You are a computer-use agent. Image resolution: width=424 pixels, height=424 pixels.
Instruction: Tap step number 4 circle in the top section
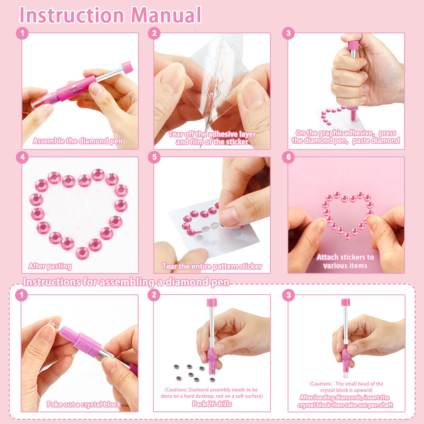(x=22, y=157)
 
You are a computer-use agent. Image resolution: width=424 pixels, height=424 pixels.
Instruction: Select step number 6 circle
(x=288, y=157)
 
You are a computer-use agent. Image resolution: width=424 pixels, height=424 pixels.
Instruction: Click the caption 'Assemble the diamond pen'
(x=78, y=141)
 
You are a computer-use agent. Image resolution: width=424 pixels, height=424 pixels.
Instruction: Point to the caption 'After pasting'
(x=50, y=266)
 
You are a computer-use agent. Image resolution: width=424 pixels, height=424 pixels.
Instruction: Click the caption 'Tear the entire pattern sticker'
(x=212, y=267)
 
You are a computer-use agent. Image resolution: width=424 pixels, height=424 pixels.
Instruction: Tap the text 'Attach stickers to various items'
(x=346, y=261)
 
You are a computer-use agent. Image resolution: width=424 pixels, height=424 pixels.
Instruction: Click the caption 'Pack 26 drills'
(x=212, y=404)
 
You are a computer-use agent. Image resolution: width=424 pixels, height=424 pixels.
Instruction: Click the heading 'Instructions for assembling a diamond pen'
(x=126, y=282)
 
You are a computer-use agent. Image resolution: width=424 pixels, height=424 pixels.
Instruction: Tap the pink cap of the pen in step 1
(x=127, y=67)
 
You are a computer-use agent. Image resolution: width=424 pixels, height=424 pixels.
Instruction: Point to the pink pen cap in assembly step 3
(x=346, y=302)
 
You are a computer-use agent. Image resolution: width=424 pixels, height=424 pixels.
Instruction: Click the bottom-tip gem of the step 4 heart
(x=82, y=253)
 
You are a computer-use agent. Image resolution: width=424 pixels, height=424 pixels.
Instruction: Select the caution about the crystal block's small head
(x=346, y=387)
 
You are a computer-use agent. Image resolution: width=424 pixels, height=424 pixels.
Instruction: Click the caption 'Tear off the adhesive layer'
(x=212, y=138)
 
